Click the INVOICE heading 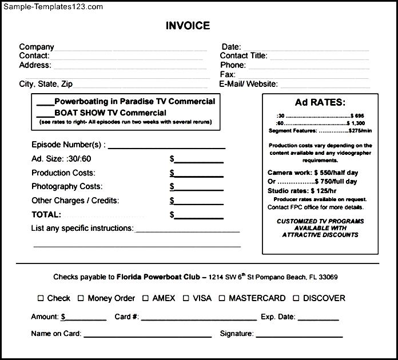[188, 26]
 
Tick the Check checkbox [41, 298]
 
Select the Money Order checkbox [81, 298]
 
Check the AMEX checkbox [146, 298]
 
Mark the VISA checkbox [186, 298]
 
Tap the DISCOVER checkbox [296, 298]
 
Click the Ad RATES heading [320, 103]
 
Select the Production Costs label [63, 173]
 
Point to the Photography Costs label [67, 187]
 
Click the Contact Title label [244, 56]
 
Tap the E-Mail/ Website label [249, 84]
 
